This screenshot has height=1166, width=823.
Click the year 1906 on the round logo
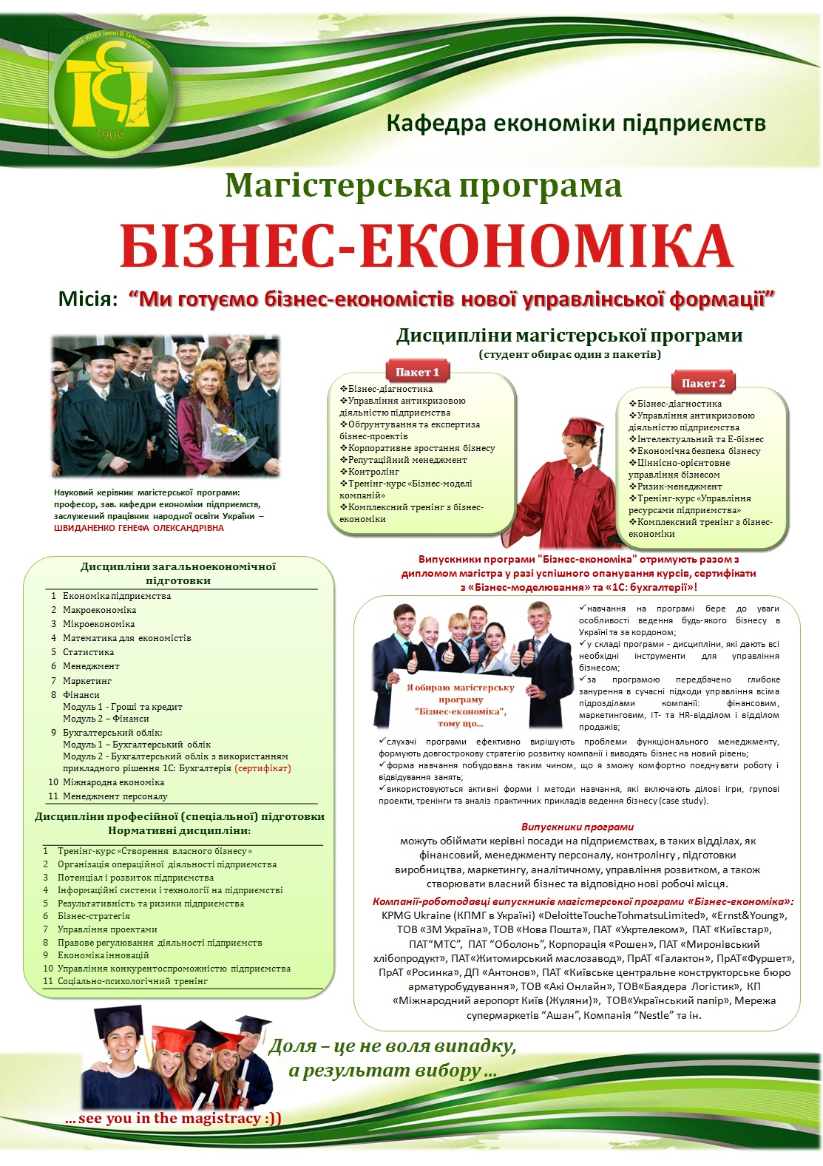tap(110, 135)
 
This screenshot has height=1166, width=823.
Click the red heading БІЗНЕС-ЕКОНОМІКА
tap(426, 246)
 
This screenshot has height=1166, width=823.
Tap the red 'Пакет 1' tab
tap(417, 372)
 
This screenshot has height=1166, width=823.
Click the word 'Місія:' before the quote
tap(88, 300)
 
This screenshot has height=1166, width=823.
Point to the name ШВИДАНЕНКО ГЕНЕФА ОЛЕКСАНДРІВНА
tap(139, 528)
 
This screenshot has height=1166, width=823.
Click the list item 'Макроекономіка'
tap(99, 610)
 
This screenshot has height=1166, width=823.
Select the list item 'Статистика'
tap(88, 652)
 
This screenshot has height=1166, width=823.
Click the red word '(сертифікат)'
tap(263, 768)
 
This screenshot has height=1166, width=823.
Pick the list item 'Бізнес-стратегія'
tap(93, 916)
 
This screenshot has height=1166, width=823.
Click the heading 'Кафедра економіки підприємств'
tap(575, 123)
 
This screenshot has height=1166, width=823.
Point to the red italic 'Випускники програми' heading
tap(577, 827)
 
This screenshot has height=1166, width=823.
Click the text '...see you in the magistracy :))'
tap(173, 1119)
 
